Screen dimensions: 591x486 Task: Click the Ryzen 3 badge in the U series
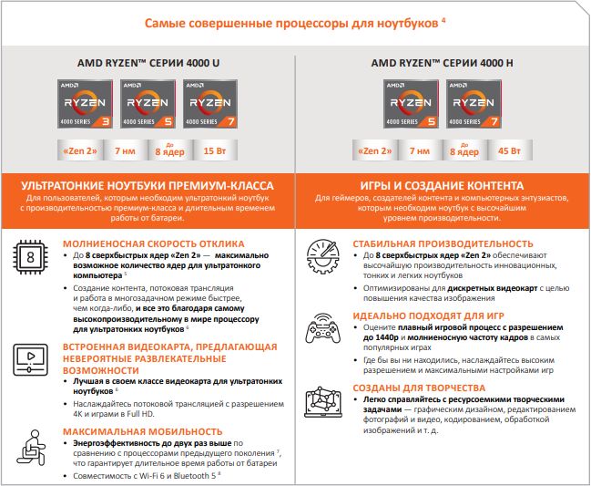coord(85,104)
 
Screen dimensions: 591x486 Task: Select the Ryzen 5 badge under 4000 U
coord(148,104)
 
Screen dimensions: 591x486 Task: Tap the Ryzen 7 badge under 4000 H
coord(474,104)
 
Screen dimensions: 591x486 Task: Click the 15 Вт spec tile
coord(215,150)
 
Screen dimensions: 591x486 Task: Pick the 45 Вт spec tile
coord(510,150)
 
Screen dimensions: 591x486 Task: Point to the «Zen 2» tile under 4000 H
coord(374,150)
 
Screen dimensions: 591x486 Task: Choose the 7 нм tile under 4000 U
coord(125,150)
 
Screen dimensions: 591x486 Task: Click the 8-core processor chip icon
coord(30,257)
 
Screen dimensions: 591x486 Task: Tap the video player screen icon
coord(31,359)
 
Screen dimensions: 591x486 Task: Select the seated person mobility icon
coord(31,448)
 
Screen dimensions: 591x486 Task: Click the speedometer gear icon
coord(322,256)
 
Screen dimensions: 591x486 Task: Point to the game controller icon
coord(322,328)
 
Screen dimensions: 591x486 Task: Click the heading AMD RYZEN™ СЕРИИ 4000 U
coord(148,63)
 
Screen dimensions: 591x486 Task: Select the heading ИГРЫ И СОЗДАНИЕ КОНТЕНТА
coord(442,186)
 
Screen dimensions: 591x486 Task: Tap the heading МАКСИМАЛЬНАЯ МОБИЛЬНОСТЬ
coord(142,431)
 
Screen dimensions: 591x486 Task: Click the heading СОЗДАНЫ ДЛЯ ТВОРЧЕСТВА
coord(419,388)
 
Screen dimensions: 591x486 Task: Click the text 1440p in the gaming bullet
coord(386,337)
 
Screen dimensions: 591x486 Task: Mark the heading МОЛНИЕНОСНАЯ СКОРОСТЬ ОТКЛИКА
coord(153,243)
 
